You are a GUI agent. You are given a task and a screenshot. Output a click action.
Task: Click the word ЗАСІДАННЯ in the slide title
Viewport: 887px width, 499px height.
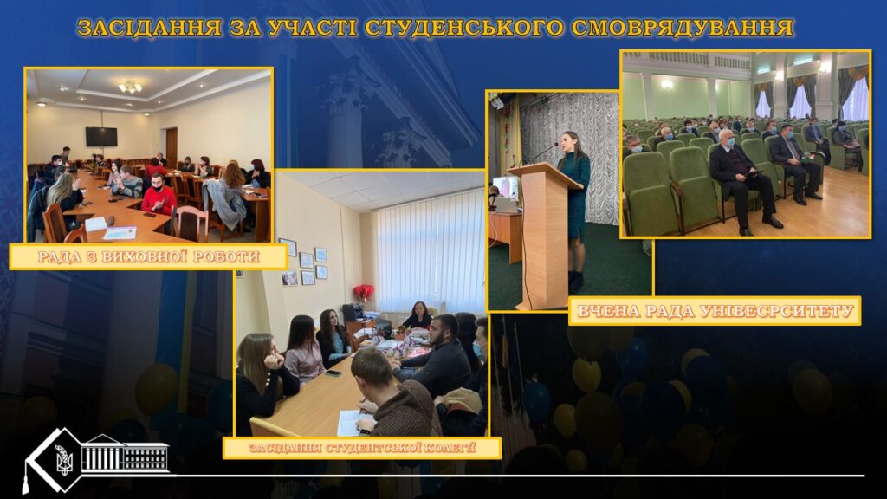149,28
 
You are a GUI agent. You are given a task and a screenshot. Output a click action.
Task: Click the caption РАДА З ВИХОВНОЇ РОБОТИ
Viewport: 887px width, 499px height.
149,256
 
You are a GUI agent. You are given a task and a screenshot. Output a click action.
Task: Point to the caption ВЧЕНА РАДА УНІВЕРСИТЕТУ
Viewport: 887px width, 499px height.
715,311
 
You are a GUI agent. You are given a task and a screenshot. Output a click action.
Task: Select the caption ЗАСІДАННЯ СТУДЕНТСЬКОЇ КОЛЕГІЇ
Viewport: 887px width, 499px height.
362,448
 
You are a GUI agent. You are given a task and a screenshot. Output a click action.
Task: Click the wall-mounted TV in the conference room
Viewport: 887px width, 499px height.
101,136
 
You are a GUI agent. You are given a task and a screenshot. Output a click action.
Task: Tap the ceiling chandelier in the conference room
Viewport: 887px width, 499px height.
130,87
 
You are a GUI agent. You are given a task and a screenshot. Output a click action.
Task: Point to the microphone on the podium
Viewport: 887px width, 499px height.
543,152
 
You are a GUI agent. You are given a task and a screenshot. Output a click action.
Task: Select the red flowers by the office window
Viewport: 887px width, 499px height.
363,292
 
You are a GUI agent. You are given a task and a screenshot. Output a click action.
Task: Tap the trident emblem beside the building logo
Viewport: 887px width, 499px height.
64,459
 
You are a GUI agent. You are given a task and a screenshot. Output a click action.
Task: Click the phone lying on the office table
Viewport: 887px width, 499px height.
333,373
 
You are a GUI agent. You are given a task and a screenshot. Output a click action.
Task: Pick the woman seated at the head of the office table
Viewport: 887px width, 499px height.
418,315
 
